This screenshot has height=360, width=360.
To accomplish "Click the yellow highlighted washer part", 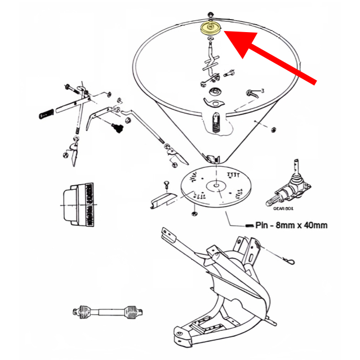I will tap(211, 28).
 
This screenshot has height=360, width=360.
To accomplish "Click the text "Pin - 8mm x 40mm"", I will tap(291, 225).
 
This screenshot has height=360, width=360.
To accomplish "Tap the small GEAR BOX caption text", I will tap(284, 207).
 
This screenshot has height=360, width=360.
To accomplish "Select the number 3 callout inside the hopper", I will tap(263, 91).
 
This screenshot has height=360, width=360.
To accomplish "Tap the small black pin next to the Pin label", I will tap(250, 225).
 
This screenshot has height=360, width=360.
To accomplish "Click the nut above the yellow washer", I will tap(210, 14).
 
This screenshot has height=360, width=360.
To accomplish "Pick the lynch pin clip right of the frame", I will tap(290, 261).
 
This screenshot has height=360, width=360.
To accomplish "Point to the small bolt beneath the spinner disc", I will tap(194, 212).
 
